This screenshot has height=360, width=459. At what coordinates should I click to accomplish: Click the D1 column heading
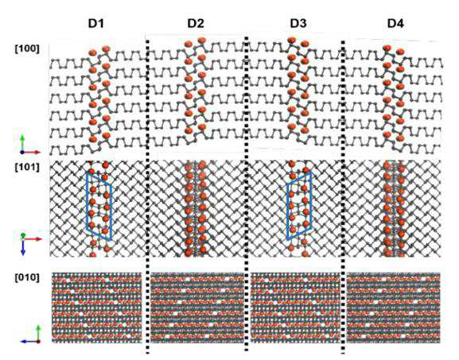(x=96, y=23)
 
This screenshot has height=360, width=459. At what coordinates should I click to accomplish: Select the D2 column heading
(x=196, y=23)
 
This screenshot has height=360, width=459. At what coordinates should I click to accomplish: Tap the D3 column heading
(x=298, y=23)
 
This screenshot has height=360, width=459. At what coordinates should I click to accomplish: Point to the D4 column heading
(x=395, y=23)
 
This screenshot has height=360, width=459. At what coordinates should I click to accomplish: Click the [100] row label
(x=27, y=48)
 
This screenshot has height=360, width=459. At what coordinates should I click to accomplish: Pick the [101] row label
(x=27, y=167)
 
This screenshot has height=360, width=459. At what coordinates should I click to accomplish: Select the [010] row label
(x=27, y=277)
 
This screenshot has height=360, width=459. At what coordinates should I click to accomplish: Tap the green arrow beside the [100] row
(x=22, y=143)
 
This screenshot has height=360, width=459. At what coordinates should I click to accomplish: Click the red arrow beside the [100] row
(x=31, y=152)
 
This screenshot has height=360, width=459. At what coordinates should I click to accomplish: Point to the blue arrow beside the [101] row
(x=23, y=247)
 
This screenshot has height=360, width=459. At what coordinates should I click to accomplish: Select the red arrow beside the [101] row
(x=33, y=239)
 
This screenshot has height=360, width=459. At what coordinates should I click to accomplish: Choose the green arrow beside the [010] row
(x=38, y=333)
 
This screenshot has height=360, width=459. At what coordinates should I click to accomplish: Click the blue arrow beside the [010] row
(x=29, y=341)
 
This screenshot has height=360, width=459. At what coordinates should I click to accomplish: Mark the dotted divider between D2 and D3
(x=247, y=194)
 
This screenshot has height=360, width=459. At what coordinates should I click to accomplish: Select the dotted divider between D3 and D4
(x=343, y=195)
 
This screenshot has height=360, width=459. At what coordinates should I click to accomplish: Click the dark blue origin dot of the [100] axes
(x=22, y=152)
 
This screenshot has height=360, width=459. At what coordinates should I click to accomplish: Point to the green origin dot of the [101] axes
(x=23, y=236)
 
